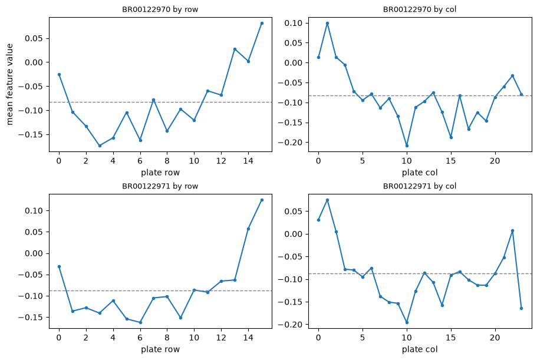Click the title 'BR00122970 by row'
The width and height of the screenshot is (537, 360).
coord(160,9)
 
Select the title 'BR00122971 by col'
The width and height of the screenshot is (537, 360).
coord(420,186)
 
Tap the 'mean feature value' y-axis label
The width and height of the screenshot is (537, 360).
coord(9,84)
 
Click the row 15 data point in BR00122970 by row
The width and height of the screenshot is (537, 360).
coord(262,23)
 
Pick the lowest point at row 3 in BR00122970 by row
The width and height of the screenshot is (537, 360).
coord(100,146)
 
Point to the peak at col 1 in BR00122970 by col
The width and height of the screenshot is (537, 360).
coord(327,23)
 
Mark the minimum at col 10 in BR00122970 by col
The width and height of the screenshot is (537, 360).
coord(407,146)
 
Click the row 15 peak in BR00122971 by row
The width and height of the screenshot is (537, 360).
coord(262,200)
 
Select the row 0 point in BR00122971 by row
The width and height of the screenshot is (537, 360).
coord(60,266)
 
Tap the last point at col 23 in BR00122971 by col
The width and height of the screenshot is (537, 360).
coord(521,308)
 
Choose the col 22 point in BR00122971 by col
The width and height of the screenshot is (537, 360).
coord(512,231)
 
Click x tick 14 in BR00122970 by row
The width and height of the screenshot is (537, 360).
coord(248,160)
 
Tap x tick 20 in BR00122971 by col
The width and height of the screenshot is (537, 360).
coord(495,338)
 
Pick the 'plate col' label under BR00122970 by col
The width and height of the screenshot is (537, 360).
coord(420,173)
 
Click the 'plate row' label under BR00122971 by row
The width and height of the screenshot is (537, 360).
coord(160,349)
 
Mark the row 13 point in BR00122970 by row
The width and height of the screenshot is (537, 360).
coord(235,49)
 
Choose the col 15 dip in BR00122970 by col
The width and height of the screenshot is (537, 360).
coord(451,137)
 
